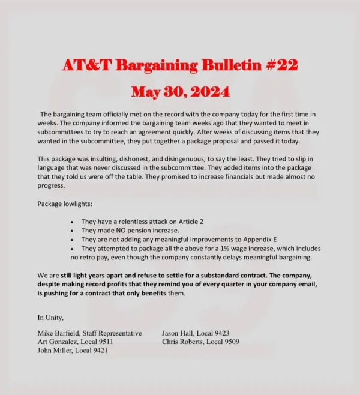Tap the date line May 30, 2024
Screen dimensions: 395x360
coord(179,92)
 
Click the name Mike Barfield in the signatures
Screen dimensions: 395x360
coord(64,333)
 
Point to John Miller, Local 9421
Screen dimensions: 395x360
coord(73,351)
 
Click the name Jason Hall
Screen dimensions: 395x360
coord(179,333)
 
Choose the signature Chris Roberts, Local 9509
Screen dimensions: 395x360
coord(200,342)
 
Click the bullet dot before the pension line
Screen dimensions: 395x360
coord(72,231)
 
